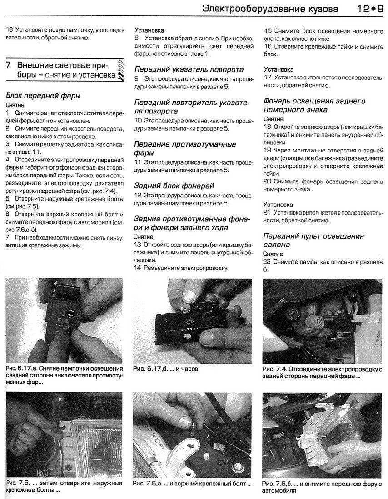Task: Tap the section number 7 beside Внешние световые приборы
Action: tap(9, 64)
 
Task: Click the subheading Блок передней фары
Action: tap(43, 96)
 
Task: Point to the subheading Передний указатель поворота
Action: tap(189, 69)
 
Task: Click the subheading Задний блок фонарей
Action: tap(174, 186)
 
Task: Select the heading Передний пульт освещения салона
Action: tap(314, 240)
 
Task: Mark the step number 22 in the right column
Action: tap(268, 262)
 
